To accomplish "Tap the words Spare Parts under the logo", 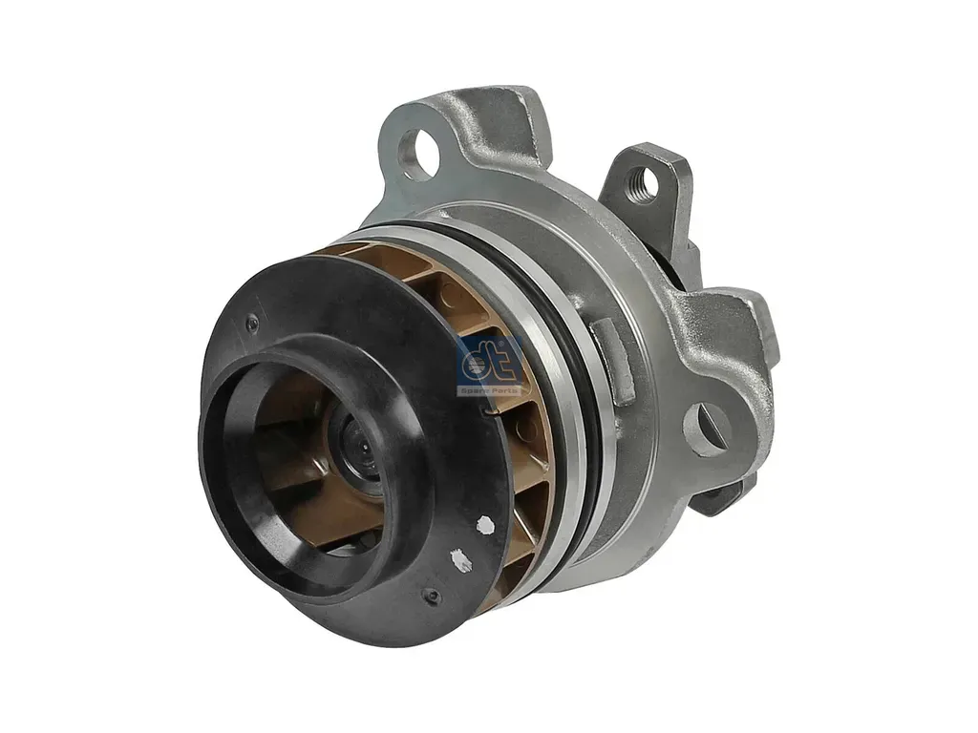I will click(x=490, y=390).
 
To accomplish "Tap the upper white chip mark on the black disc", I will click(x=485, y=524).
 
